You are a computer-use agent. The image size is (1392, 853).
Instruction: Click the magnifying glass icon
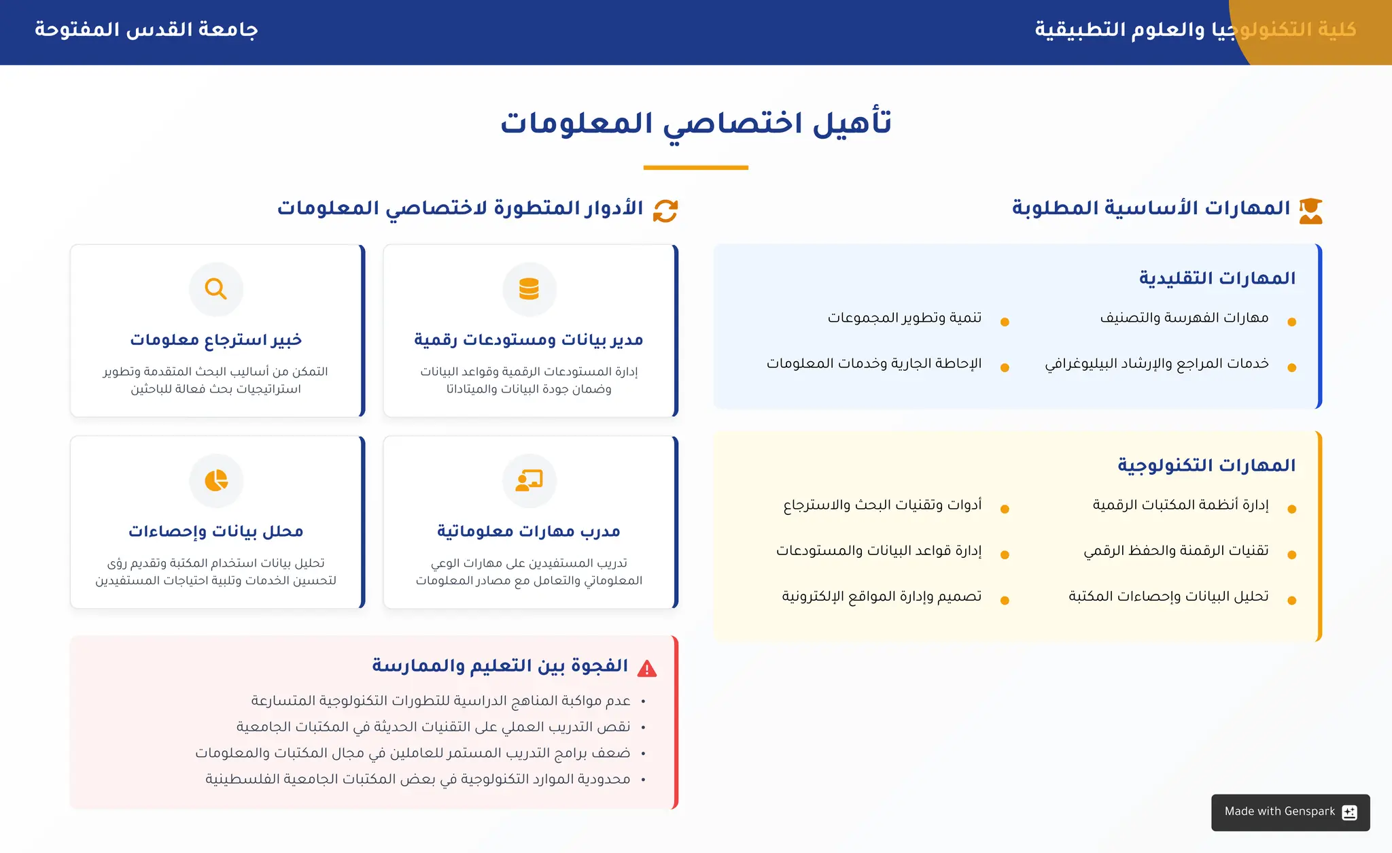tap(216, 289)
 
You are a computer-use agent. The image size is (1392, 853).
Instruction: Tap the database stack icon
tap(529, 289)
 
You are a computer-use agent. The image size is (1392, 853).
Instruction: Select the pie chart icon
tap(216, 480)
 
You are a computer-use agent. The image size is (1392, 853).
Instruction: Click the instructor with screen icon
tap(529, 480)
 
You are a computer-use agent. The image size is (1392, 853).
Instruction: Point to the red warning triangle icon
tap(647, 669)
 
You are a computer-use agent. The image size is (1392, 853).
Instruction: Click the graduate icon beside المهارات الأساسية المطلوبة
tap(1310, 211)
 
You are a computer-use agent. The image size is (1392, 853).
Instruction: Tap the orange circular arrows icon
tap(665, 211)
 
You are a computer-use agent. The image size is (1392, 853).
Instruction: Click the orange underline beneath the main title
tap(695, 167)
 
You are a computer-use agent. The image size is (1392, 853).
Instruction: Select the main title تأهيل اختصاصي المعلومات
tap(695, 124)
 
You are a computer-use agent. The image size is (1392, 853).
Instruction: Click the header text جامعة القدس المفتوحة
tap(146, 30)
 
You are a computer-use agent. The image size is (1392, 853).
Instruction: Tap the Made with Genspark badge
tap(1290, 812)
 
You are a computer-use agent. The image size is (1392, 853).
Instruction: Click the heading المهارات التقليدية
tap(1217, 278)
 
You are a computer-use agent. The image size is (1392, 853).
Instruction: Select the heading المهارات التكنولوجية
tap(1206, 465)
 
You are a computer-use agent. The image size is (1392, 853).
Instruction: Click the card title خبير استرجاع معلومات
tap(216, 339)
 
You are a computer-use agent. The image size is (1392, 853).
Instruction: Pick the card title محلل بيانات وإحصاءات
tap(216, 531)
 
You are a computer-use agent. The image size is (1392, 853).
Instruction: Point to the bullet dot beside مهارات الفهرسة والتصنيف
tap(1291, 322)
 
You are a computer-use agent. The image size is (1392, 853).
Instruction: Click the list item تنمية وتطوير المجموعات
tap(905, 318)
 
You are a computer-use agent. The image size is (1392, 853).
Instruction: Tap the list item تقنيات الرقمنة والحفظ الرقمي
tap(1176, 550)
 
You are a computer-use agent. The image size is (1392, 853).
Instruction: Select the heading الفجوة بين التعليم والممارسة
tap(500, 665)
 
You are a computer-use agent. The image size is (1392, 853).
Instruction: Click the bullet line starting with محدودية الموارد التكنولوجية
tap(418, 779)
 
